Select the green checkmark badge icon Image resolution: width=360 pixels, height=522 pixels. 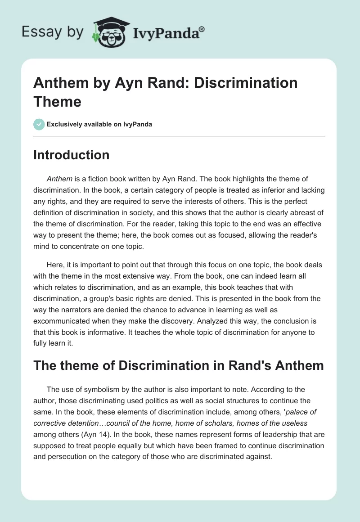39,124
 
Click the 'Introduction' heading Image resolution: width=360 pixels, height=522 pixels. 72,155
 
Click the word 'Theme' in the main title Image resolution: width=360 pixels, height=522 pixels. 57,101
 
